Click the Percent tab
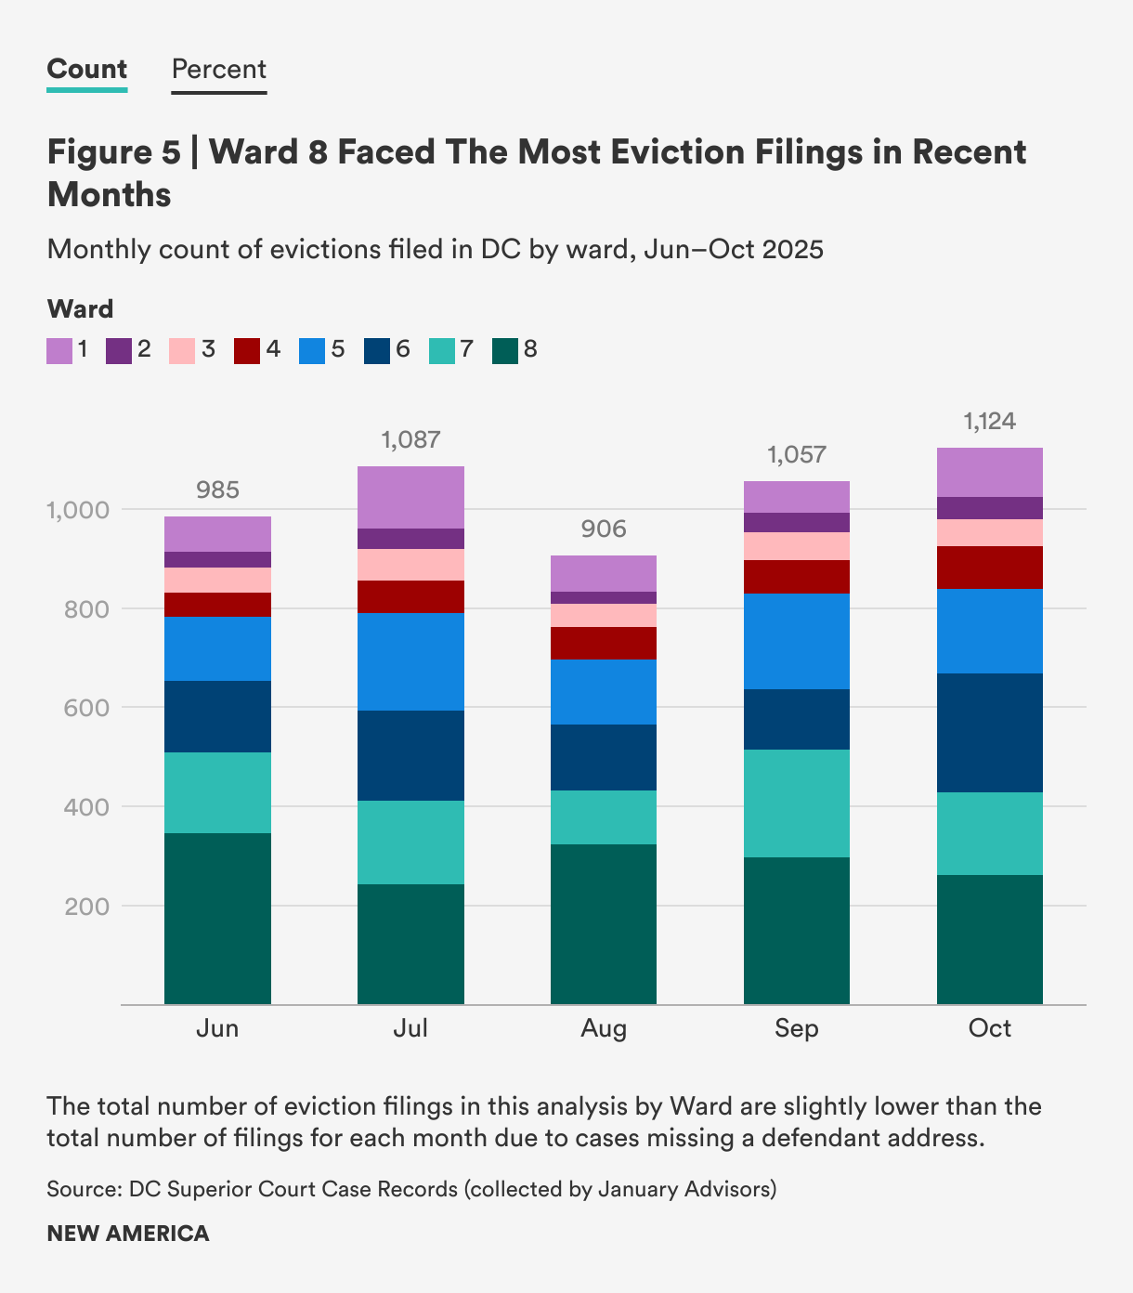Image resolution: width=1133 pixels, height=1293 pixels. point(219,70)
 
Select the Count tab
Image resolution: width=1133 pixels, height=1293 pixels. point(87,70)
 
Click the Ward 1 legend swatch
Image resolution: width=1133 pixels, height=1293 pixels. point(59,350)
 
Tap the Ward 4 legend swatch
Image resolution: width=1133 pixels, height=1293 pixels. point(246,350)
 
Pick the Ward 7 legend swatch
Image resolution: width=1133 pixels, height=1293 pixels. point(442,350)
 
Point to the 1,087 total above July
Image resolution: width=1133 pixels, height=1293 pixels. point(410,439)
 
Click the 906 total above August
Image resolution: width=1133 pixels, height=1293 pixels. point(604,529)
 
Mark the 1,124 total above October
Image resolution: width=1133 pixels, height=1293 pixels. point(990,422)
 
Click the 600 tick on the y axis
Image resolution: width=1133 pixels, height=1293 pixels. point(87,708)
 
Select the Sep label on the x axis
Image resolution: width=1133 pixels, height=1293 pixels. point(797,1028)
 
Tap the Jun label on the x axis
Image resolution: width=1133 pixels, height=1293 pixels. point(217,1028)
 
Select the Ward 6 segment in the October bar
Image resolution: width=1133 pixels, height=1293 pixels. point(990,732)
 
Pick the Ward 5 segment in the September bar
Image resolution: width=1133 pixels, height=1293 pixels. point(797,641)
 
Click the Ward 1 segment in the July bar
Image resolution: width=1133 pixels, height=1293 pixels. point(410,497)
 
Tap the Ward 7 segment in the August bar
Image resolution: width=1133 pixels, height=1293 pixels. point(604,816)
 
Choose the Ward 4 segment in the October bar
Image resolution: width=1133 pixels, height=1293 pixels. point(990,567)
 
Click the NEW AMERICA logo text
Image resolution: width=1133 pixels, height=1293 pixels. point(128,1234)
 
